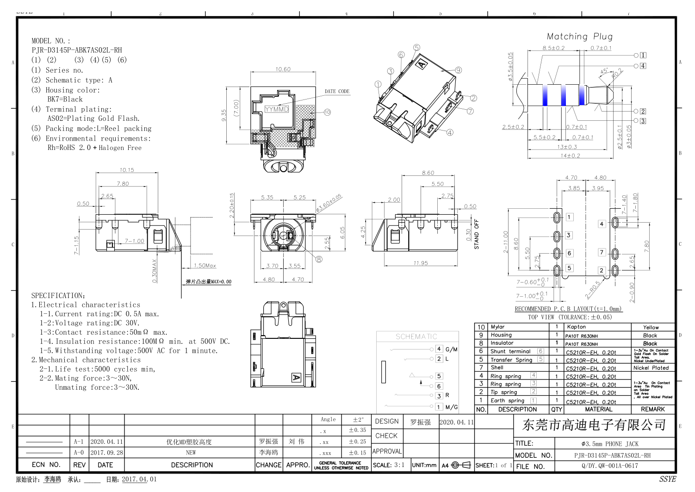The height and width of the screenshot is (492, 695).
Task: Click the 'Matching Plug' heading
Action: [x=579, y=37]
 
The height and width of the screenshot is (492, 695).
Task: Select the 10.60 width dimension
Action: [x=283, y=69]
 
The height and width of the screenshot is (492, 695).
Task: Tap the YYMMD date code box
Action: [x=277, y=109]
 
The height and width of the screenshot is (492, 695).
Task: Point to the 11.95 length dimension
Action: [x=421, y=263]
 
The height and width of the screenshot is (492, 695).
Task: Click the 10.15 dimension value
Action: [x=126, y=170]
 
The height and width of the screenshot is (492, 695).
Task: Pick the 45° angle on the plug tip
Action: [x=604, y=71]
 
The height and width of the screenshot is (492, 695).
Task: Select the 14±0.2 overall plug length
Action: [x=570, y=156]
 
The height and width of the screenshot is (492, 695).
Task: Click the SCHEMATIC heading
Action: [x=416, y=336]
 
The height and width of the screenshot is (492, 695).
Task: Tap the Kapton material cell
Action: [x=576, y=327]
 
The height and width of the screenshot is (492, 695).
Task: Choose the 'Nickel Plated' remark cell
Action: [x=651, y=368]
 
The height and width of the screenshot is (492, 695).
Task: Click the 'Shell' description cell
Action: [x=497, y=367]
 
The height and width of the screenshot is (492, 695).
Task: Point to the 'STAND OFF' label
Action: [x=477, y=234]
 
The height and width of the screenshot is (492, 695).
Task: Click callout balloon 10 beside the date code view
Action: [x=327, y=112]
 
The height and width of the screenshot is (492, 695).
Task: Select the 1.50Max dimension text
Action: [x=205, y=266]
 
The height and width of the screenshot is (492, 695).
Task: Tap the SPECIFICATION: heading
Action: [x=58, y=295]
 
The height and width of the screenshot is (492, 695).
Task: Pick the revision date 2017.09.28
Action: [x=106, y=453]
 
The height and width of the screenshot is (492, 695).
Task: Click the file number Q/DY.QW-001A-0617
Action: [x=610, y=466]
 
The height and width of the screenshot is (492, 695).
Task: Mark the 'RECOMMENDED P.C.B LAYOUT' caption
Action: [x=568, y=309]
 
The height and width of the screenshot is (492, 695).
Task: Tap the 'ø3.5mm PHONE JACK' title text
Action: [x=610, y=444]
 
